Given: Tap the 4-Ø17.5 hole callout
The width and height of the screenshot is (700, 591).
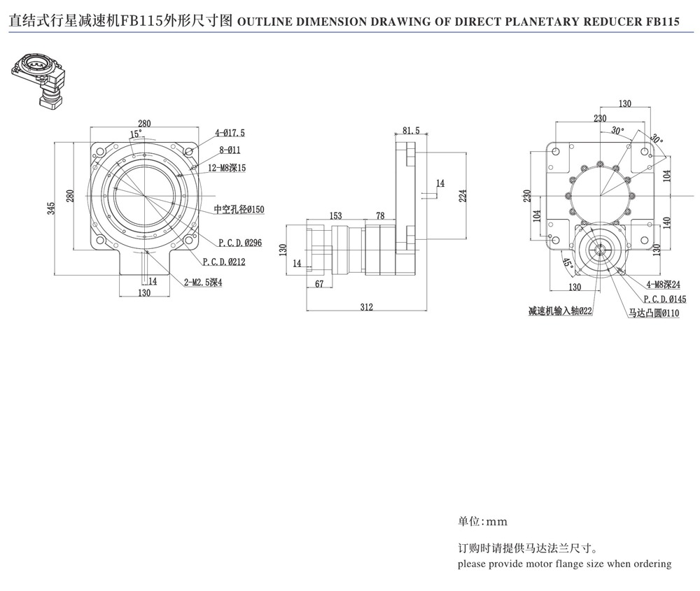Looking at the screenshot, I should pos(230,132).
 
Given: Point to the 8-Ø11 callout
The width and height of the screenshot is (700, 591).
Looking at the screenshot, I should pos(229,150).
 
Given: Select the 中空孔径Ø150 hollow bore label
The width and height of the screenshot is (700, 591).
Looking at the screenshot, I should pos(239,209).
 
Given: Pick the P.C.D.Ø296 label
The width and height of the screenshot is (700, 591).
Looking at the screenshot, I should pos(239,243).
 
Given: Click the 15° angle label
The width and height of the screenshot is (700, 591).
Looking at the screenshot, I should pos(136,133).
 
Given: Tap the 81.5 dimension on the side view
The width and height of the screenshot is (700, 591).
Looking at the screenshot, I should pos(412,130).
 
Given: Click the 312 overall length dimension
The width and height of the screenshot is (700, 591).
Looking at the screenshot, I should pos(366,306).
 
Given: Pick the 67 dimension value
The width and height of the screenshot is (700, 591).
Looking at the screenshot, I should pos(318,283).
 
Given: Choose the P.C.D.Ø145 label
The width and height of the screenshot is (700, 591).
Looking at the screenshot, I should pos(665,299).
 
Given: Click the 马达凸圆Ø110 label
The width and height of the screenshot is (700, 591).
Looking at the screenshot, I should pos(654,314).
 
